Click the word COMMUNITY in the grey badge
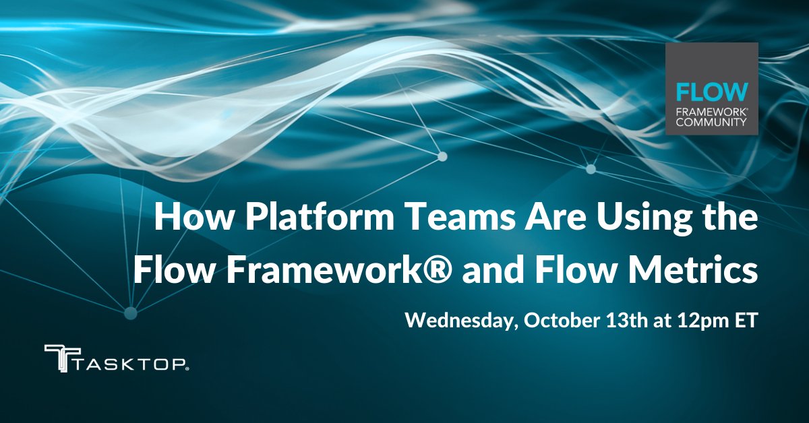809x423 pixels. pyautogui.click(x=711, y=123)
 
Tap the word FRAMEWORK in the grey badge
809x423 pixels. pyautogui.click(x=709, y=112)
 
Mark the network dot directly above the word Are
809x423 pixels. pyautogui.click(x=443, y=156)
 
